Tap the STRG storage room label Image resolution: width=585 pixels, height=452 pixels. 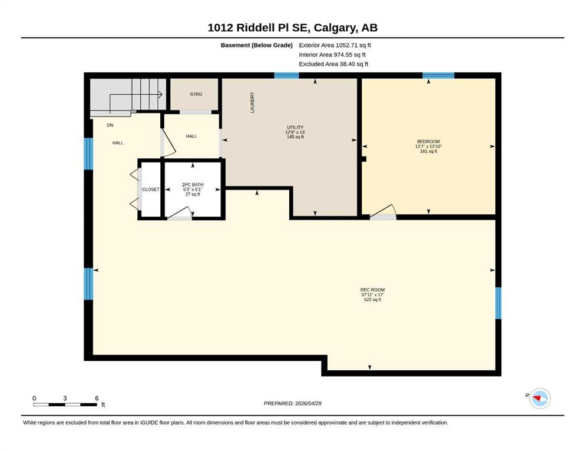click(196, 94)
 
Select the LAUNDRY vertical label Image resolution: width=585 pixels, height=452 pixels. click(252, 102)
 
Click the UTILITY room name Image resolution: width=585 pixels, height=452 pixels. click(295, 128)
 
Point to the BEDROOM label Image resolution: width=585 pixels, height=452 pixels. click(428, 142)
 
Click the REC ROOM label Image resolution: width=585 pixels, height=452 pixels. click(372, 290)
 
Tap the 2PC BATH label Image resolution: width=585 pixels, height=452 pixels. click(193, 185)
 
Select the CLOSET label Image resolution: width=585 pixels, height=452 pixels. click(151, 190)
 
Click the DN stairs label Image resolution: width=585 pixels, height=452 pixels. click(110, 125)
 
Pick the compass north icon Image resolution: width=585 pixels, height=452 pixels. click(540, 398)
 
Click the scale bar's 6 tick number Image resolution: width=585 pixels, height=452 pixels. click(97, 398)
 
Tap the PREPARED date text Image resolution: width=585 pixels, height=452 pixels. click(292, 403)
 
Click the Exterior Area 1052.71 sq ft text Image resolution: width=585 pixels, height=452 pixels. click(335, 45)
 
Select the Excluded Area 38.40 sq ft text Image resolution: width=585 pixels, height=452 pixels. click(333, 64)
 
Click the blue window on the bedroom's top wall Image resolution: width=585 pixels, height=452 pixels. click(438, 76)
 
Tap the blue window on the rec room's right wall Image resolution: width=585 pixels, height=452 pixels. click(498, 303)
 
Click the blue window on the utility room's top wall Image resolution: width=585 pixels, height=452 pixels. click(286, 76)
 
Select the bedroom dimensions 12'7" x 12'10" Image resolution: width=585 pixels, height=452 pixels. click(428, 147)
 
